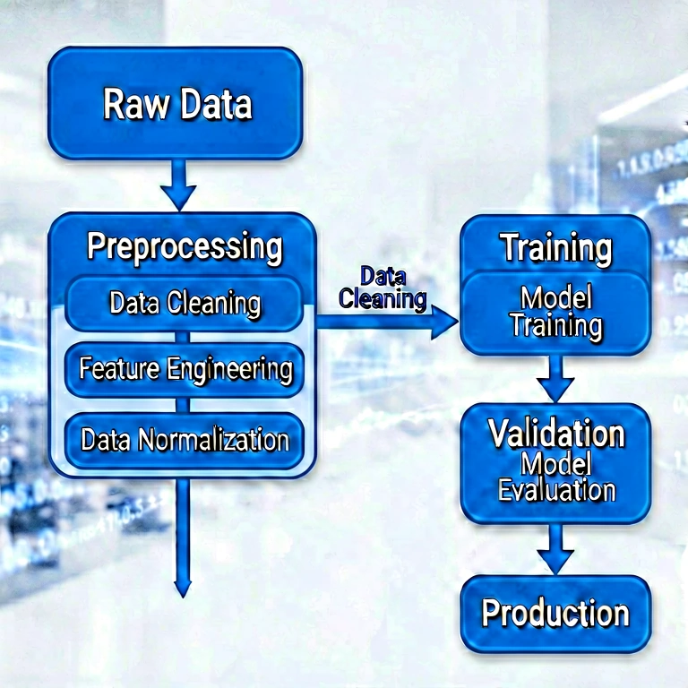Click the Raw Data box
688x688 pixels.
point(176,103)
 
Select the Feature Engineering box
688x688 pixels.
point(185,368)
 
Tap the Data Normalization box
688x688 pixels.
point(185,440)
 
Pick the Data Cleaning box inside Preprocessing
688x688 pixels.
point(185,303)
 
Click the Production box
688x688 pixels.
point(555,614)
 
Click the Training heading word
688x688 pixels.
point(556,248)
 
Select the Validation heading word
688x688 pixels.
point(556,434)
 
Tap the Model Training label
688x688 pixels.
point(556,311)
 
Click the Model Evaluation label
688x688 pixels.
point(556,477)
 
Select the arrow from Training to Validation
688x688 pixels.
point(556,378)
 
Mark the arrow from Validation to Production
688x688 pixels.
point(556,548)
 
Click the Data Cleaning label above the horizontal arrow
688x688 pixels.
point(383,288)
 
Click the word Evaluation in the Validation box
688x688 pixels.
point(556,491)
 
